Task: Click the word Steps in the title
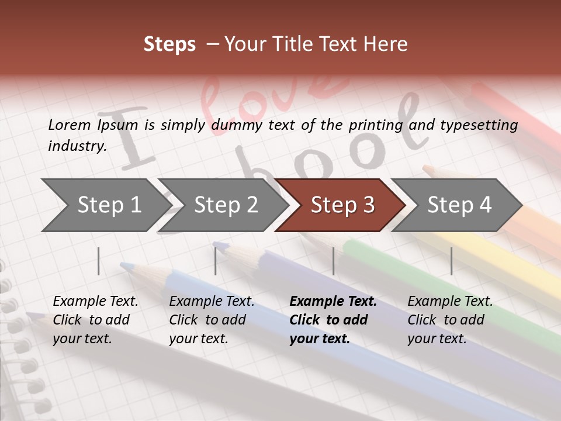point(169,44)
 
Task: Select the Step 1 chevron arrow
point(109,205)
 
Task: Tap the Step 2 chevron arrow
point(226,205)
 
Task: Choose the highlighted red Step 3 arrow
point(342,205)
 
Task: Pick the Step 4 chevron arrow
point(459,205)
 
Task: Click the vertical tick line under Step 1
point(99,261)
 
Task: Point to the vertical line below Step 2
point(216,261)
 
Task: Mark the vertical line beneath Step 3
point(334,261)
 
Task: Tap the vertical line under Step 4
point(452,261)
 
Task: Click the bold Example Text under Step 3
point(333,302)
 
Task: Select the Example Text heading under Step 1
point(95,302)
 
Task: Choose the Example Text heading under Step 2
point(212,302)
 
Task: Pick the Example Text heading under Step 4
point(450,302)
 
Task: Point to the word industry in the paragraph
point(77,146)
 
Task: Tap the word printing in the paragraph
point(376,125)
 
